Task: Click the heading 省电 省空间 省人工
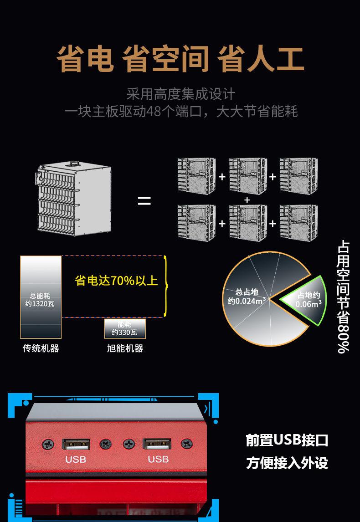(180, 60)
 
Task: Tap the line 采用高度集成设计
(180, 94)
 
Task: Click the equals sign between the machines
(144, 201)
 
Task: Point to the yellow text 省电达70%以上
(116, 281)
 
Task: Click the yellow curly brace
(166, 286)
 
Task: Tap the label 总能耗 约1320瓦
(40, 300)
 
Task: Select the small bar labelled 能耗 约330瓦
(125, 328)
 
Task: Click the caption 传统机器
(41, 348)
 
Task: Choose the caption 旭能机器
(125, 348)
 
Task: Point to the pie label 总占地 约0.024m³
(247, 297)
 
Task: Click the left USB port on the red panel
(76, 444)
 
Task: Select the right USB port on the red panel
(157, 444)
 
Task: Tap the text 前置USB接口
(287, 440)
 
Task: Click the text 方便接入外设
(287, 463)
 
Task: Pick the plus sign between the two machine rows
(247, 200)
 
